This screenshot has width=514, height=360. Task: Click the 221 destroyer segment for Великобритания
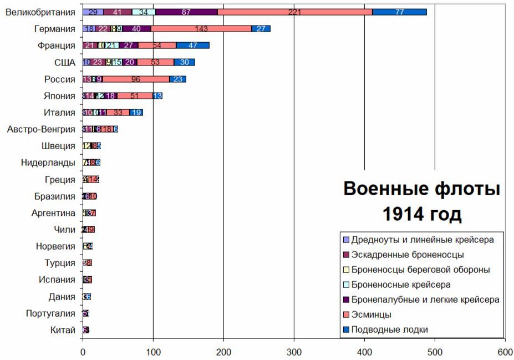click(294, 12)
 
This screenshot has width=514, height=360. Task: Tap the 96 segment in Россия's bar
click(136, 79)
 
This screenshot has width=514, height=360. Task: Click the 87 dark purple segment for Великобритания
click(186, 12)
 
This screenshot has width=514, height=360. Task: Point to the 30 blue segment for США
click(184, 62)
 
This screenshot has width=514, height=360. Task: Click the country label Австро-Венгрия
click(41, 129)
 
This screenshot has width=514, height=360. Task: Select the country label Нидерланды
click(48, 163)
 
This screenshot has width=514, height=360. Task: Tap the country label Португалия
click(50, 313)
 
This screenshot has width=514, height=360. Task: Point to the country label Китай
click(63, 331)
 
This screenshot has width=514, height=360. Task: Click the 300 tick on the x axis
click(294, 351)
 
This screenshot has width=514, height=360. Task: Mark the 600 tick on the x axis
click(505, 351)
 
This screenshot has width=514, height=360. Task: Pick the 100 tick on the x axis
click(153, 351)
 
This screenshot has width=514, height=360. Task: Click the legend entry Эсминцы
click(371, 315)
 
